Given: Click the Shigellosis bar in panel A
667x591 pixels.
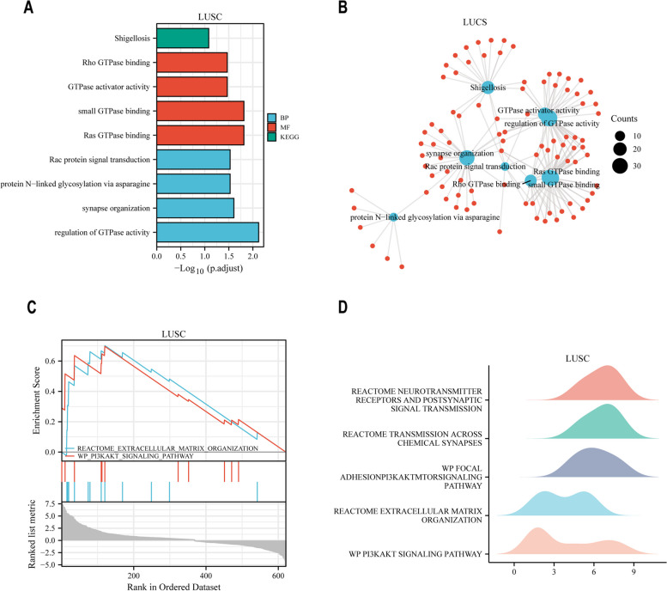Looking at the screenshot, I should point(182,39).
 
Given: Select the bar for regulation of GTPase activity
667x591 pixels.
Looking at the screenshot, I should point(207,232).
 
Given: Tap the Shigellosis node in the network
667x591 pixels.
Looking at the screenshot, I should point(488,87).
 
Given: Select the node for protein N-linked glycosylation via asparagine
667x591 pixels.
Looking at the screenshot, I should point(392,218).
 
